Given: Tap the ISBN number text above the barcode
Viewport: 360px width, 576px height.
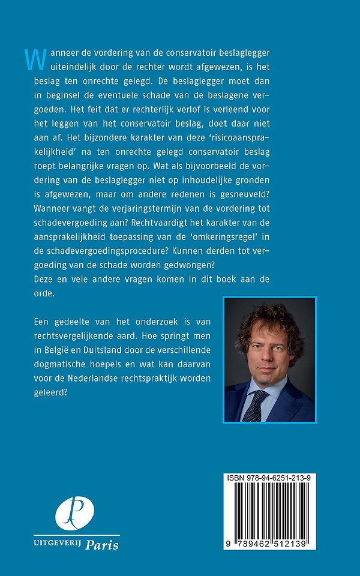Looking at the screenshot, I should (273, 478).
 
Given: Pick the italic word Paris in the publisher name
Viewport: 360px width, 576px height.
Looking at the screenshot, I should (101, 544).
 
